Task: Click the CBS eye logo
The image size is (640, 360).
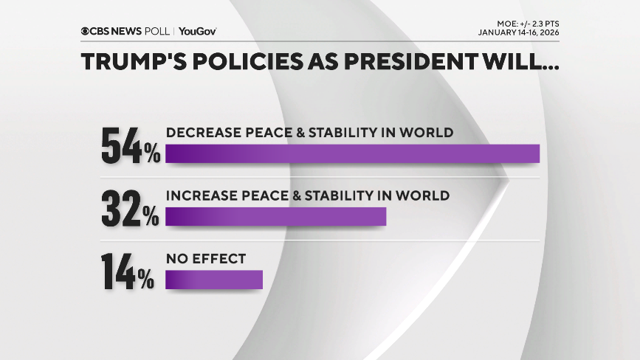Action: pyautogui.click(x=85, y=32)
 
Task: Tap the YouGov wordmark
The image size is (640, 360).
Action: pyautogui.click(x=197, y=32)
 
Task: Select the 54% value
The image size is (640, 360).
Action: pyautogui.click(x=130, y=147)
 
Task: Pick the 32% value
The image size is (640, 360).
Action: pyautogui.click(x=130, y=210)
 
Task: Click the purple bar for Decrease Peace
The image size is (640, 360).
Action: pyautogui.click(x=352, y=153)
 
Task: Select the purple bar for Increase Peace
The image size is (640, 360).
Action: pyautogui.click(x=275, y=216)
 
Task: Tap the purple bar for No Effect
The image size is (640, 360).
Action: pyautogui.click(x=214, y=280)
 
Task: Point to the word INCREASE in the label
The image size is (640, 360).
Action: pyautogui.click(x=199, y=195)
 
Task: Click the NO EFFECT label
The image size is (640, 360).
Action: pyautogui.click(x=205, y=259)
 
